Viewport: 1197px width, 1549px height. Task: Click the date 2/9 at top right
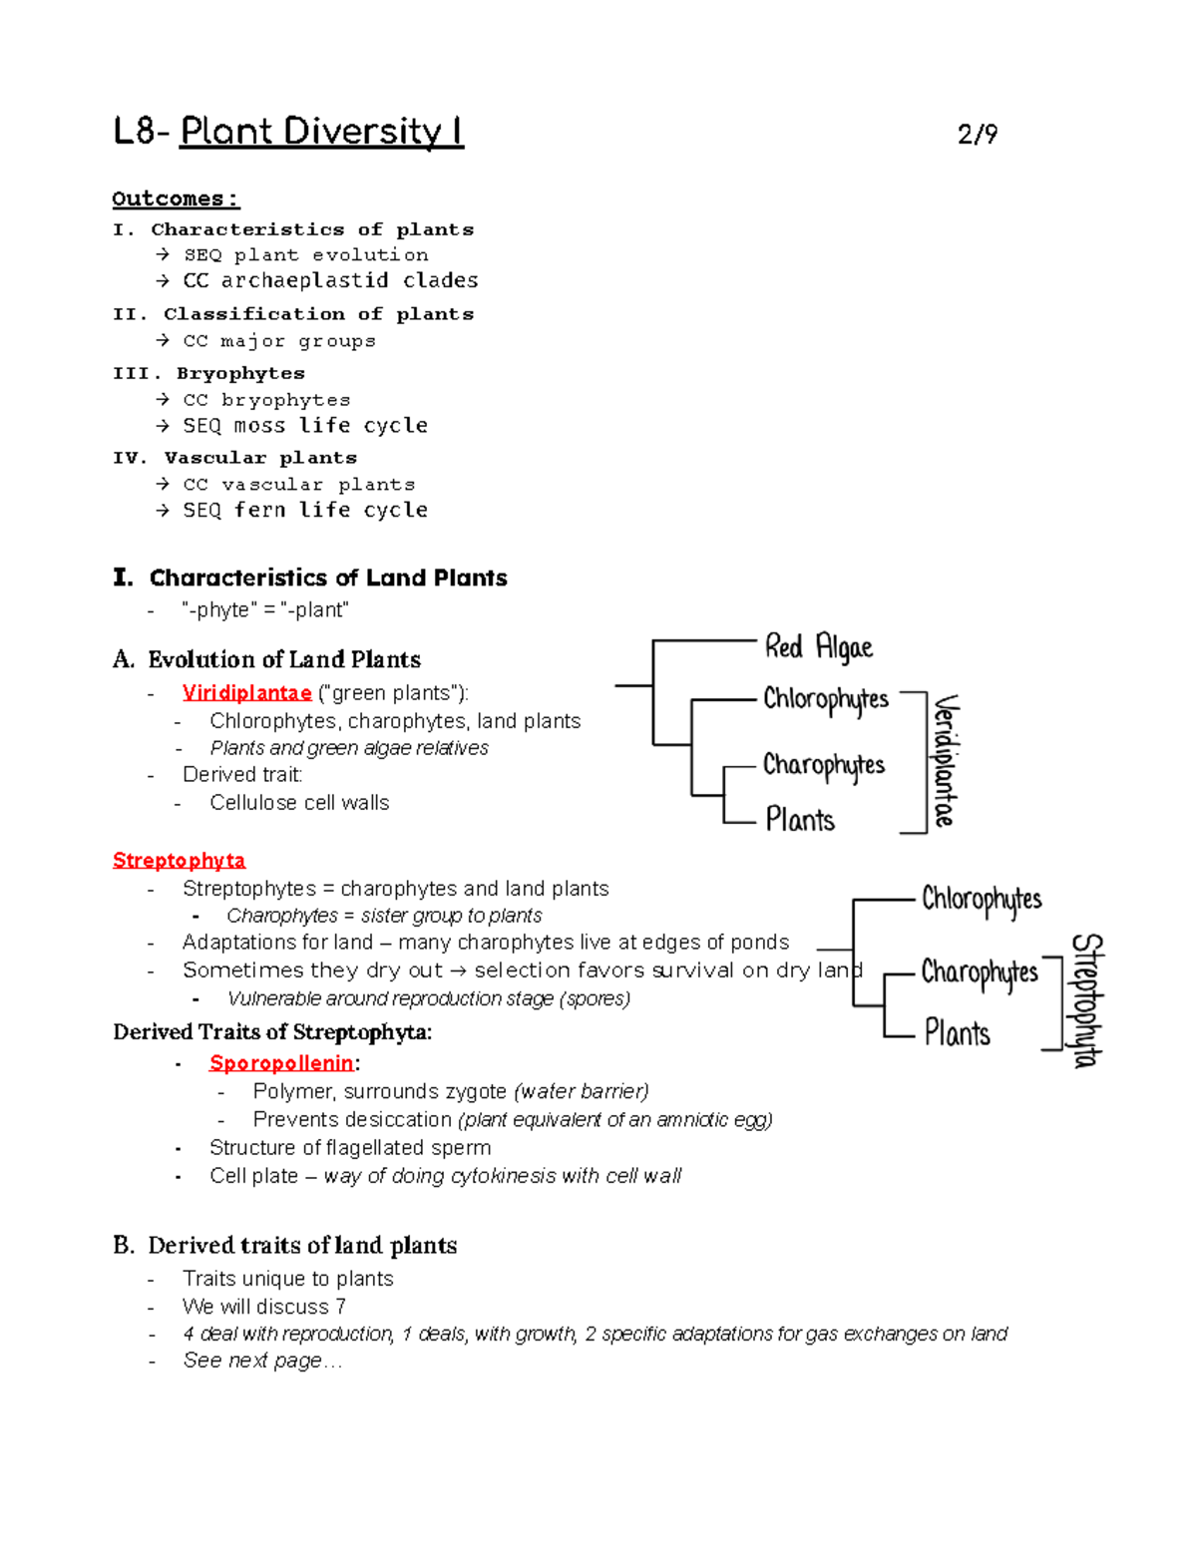pos(977,135)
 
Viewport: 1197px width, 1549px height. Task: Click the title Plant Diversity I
pos(321,132)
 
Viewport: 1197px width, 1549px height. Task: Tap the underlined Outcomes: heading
pos(176,198)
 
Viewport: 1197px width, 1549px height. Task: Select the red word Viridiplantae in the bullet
pos(246,692)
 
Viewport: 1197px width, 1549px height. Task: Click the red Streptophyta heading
pos(179,860)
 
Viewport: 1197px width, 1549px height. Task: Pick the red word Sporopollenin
pos(281,1063)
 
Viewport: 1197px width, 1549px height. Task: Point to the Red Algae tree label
pos(818,647)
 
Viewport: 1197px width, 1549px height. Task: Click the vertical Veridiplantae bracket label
pos(944,761)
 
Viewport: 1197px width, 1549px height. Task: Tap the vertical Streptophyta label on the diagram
pos(1086,1000)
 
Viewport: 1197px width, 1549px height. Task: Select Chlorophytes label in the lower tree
pos(981,900)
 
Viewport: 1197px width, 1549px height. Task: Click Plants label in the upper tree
pos(800,820)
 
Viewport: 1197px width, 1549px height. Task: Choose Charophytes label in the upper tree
pos(824,766)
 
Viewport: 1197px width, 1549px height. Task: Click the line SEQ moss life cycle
pos(304,426)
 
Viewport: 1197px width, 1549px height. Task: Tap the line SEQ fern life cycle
pos(304,511)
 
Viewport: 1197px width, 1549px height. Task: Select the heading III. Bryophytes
pos(208,373)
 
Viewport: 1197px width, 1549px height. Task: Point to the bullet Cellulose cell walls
pos(299,803)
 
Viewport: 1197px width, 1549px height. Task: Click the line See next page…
pos(261,1360)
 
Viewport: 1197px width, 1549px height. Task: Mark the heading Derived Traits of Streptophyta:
pos(272,1031)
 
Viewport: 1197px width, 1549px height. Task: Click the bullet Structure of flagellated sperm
pos(349,1148)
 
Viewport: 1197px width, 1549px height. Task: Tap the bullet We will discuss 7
pos(264,1307)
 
